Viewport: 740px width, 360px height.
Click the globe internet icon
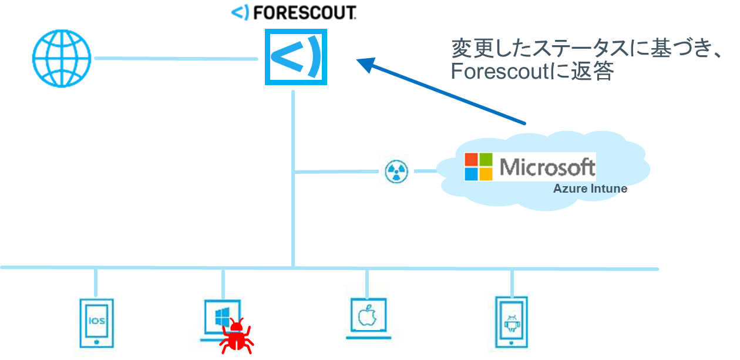tap(62, 59)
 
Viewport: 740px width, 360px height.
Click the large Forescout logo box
tap(295, 56)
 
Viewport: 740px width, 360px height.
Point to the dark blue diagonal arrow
tap(440, 91)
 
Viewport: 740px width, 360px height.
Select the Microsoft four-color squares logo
tap(479, 167)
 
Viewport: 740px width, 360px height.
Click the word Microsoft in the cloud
tap(547, 167)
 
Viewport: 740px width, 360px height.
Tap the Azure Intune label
tap(590, 189)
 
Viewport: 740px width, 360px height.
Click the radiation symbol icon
tap(396, 171)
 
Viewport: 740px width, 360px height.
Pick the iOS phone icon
tap(97, 321)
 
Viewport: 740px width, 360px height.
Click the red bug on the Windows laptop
tap(237, 335)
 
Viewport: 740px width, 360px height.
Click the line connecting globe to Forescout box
tap(176, 58)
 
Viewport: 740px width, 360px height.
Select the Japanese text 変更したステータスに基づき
tap(578, 48)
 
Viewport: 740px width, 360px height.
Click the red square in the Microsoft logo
tap(471, 159)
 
